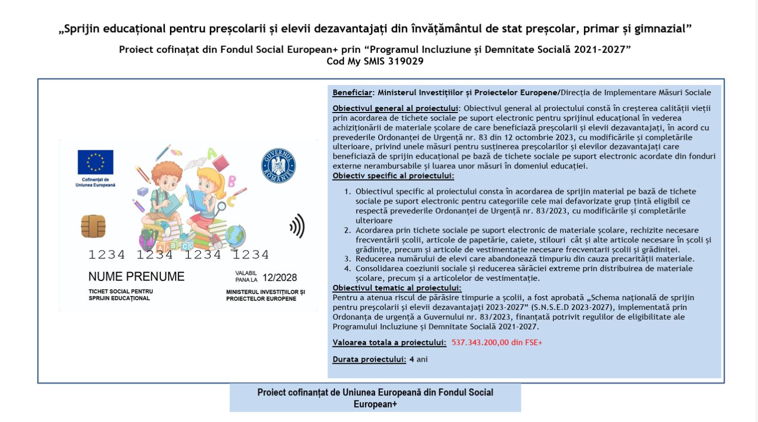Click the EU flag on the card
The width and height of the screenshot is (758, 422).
tap(95, 162)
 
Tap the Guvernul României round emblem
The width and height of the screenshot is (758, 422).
tap(278, 166)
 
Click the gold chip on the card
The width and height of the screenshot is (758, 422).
tap(93, 226)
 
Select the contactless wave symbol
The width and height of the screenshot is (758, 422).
tap(297, 226)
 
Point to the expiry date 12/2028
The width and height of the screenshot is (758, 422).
tap(279, 278)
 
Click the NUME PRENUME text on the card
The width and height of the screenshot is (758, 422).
tap(136, 277)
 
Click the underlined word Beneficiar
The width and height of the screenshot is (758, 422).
tap(352, 93)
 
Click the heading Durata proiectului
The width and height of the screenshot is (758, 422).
tap(369, 360)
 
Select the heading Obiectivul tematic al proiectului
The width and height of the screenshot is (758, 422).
tap(397, 288)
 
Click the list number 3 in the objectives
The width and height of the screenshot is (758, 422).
tap(348, 259)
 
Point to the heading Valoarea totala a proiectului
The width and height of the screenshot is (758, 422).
tap(389, 343)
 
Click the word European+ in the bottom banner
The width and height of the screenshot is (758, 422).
tap(375, 404)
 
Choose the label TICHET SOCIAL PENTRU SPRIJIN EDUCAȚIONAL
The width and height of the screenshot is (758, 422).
tap(121, 295)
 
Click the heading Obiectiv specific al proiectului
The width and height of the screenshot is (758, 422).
tap(393, 176)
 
